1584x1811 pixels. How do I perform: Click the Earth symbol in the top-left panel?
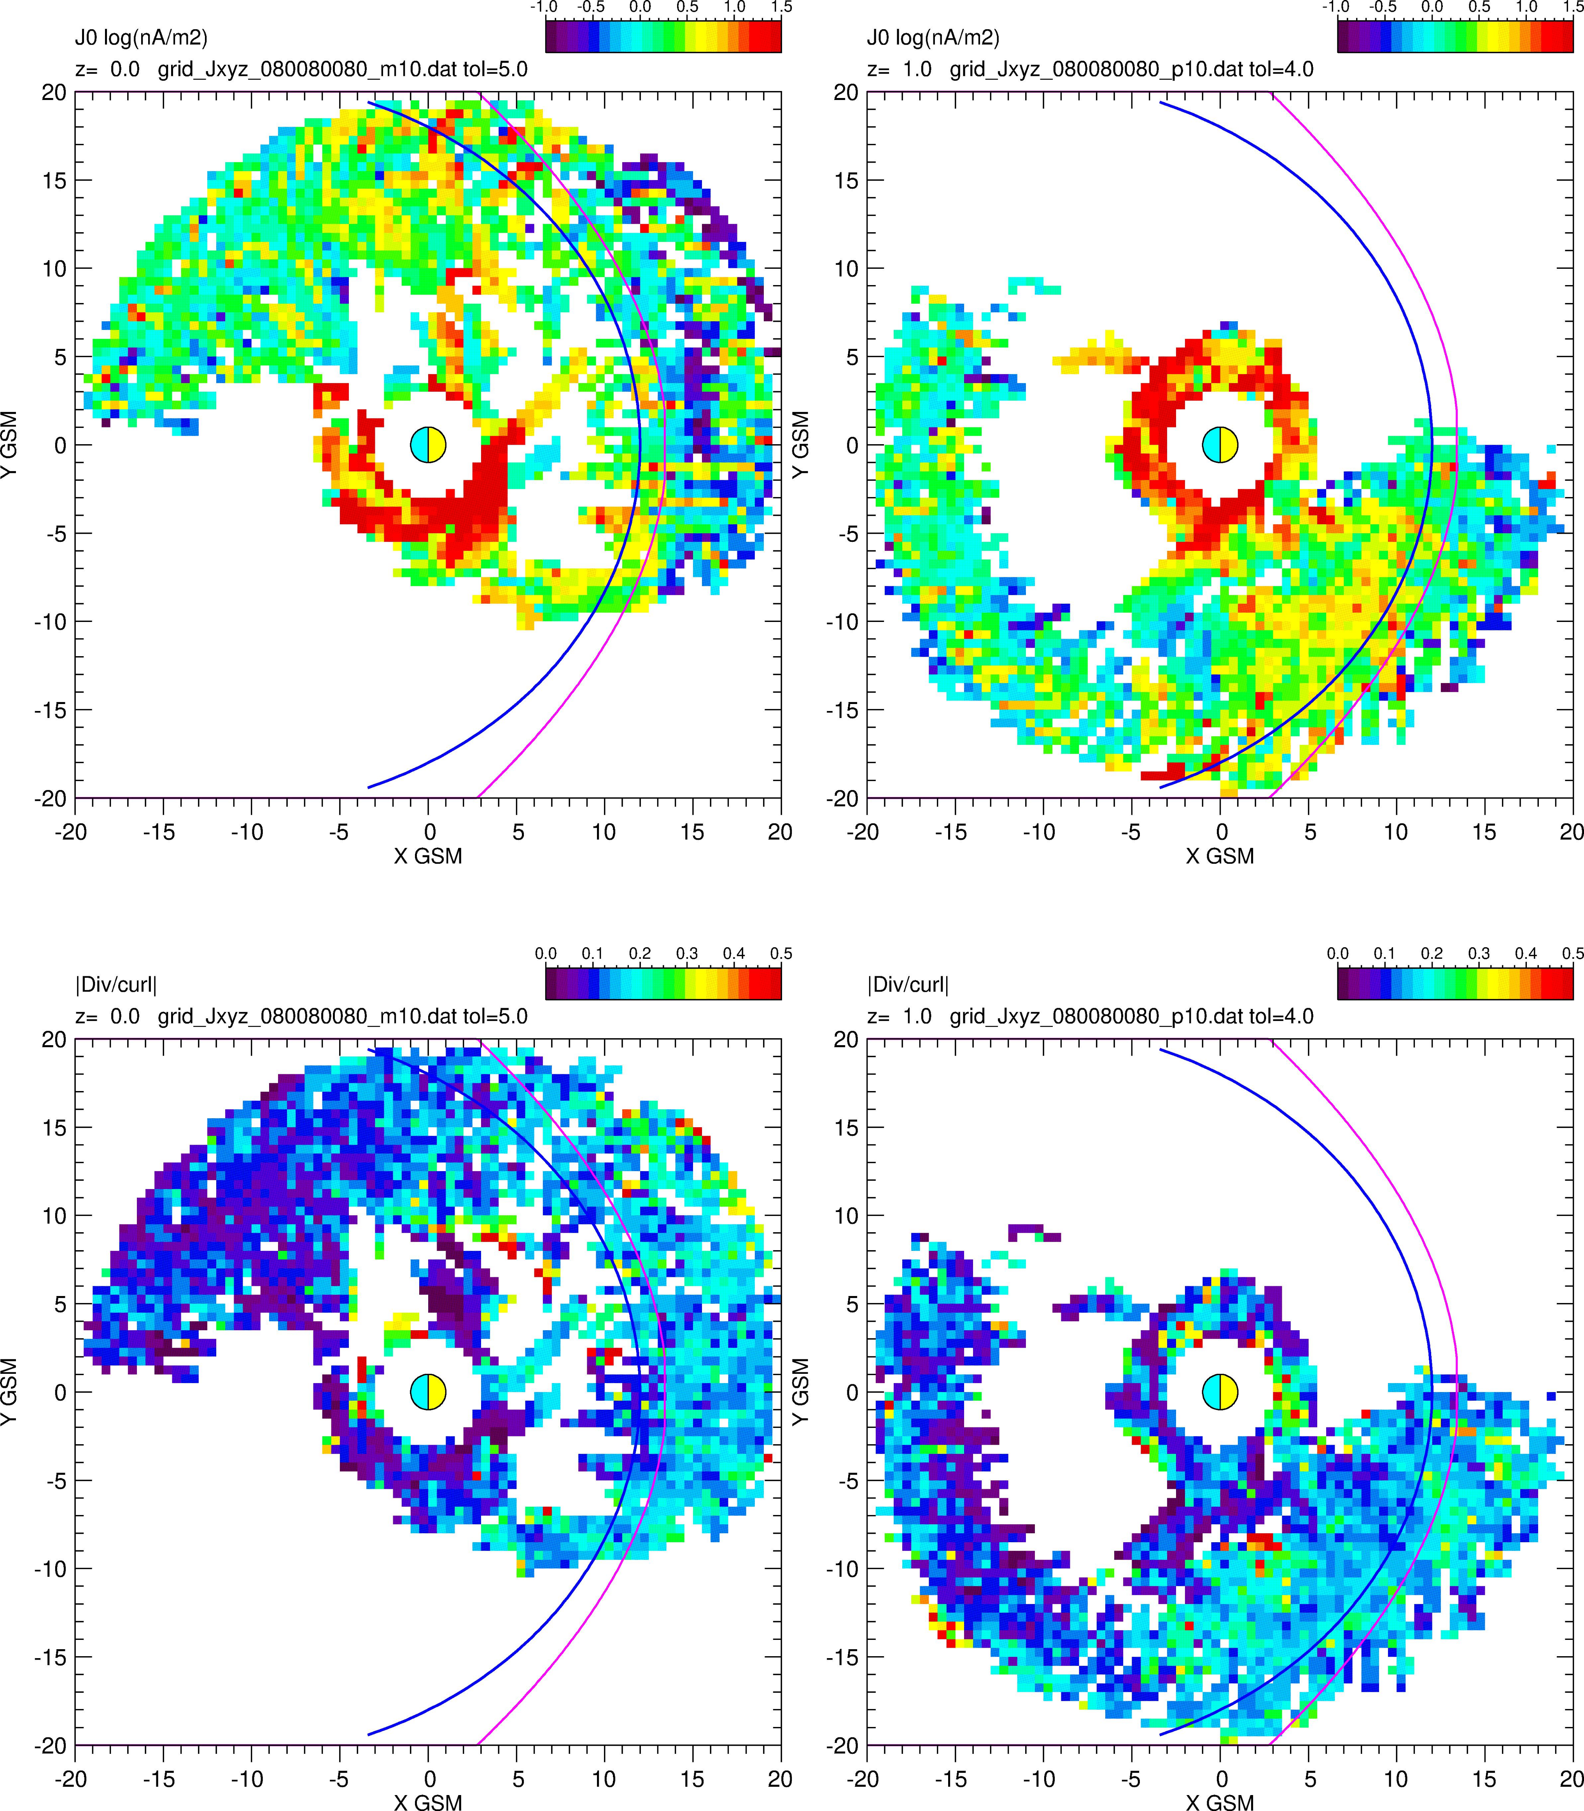click(428, 445)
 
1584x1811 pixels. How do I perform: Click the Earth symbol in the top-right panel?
click(1220, 445)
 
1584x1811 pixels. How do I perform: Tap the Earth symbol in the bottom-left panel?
click(428, 1392)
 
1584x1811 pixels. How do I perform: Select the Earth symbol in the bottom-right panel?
click(1220, 1392)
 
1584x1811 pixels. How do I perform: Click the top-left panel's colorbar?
click(663, 36)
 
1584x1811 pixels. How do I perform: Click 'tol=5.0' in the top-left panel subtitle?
click(495, 69)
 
